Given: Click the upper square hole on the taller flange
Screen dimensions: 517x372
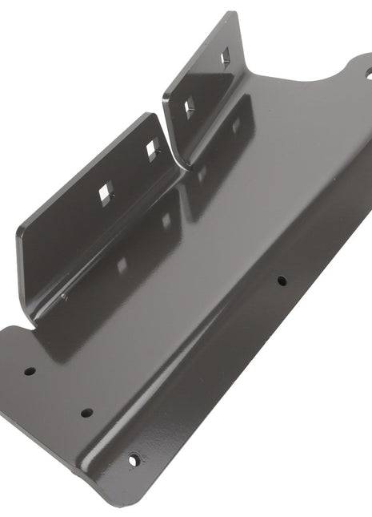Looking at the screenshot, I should tap(224, 55).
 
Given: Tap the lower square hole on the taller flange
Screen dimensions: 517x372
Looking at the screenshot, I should tap(190, 107).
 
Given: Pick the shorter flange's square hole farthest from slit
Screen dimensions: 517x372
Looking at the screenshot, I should tap(104, 192).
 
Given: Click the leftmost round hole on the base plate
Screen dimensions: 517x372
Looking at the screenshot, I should tap(30, 372).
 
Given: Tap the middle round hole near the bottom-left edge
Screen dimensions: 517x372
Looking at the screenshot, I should tap(86, 413).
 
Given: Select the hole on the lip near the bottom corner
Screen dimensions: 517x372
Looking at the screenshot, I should tap(134, 459).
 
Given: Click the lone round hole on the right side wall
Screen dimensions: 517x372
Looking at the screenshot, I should tap(282, 281).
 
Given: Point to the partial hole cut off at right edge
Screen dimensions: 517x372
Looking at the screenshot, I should tap(369, 73).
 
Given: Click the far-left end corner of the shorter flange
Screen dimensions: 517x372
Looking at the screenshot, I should tap(18, 232).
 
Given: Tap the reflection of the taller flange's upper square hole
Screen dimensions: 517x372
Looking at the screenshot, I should tap(237, 125).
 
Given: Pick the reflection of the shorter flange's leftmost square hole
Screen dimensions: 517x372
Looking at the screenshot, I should tap(121, 265).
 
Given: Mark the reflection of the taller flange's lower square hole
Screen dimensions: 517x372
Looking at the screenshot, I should tap(200, 172).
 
